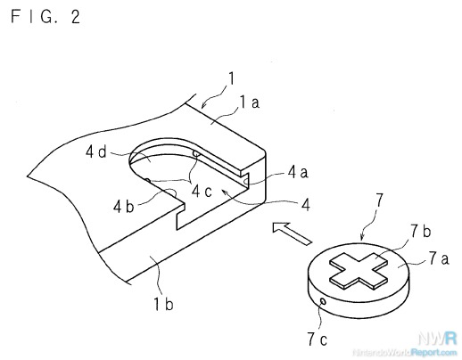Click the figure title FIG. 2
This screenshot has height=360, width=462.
(45, 16)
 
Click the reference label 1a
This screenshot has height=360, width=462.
(250, 102)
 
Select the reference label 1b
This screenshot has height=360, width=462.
(163, 304)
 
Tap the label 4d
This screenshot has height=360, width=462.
(95, 152)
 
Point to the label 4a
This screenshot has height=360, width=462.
(298, 172)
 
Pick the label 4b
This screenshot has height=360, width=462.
(123, 206)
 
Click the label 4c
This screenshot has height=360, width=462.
(202, 191)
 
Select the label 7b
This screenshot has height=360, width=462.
(420, 232)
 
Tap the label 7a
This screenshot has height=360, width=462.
(439, 258)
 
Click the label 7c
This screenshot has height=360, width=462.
(317, 340)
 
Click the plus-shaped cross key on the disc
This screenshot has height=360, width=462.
(359, 271)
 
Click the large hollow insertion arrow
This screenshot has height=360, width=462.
(293, 233)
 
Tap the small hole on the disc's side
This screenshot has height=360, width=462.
(323, 302)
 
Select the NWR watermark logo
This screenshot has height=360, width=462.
(437, 339)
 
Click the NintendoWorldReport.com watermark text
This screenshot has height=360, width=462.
(404, 353)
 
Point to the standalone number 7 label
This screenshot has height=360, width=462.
(379, 200)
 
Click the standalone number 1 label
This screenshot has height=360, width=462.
(231, 78)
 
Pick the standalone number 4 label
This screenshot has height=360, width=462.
(305, 205)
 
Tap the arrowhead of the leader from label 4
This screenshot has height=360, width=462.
(224, 192)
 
